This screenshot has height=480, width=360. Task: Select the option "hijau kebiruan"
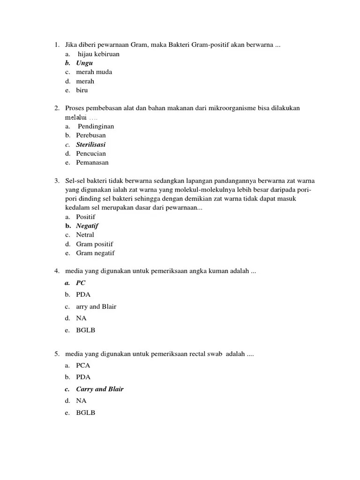click(x=98, y=54)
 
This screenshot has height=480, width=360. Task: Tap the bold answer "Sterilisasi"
click(x=91, y=144)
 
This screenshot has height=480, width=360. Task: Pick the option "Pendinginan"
click(x=96, y=126)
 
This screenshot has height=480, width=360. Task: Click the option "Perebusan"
click(x=91, y=135)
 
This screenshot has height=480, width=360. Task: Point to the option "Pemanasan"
click(x=92, y=163)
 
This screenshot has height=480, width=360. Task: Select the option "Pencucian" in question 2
click(x=91, y=153)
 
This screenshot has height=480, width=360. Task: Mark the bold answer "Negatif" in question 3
click(x=87, y=226)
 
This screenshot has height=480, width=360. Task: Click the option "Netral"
click(x=85, y=235)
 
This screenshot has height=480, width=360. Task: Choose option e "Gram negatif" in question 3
click(x=95, y=253)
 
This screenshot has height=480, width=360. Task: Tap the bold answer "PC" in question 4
click(x=81, y=283)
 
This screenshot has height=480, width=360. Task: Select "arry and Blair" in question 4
click(x=96, y=307)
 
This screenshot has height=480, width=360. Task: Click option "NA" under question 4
click(x=81, y=318)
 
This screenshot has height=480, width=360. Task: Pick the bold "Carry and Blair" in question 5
click(x=100, y=389)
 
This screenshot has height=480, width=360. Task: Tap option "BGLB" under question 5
click(x=85, y=413)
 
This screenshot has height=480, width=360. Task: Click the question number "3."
click(x=57, y=180)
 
